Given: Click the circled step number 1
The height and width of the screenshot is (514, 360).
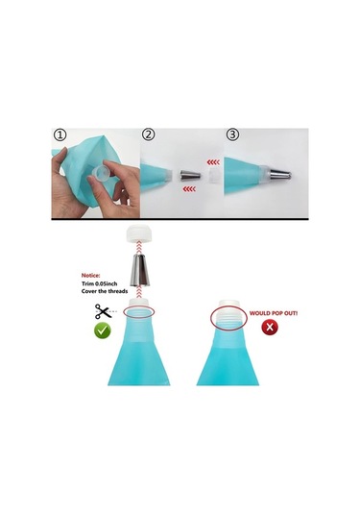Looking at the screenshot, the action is pyautogui.click(x=60, y=135).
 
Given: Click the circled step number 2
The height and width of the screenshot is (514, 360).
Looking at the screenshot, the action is pyautogui.click(x=149, y=135).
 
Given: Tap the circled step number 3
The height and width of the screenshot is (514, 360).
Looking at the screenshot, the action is pyautogui.click(x=232, y=135).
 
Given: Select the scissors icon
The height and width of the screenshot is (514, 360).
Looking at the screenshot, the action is pyautogui.click(x=103, y=311).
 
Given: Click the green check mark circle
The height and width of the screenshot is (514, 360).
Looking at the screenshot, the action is pyautogui.click(x=103, y=330).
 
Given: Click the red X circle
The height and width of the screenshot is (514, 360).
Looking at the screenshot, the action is pyautogui.click(x=270, y=327).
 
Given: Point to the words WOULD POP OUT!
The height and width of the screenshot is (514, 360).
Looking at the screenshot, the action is pyautogui.click(x=274, y=313).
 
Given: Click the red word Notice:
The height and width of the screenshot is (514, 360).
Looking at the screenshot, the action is pyautogui.click(x=91, y=276).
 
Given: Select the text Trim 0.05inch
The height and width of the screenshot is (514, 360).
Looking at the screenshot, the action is pyautogui.click(x=99, y=283).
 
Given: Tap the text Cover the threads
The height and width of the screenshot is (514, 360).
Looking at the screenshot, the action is pyautogui.click(x=105, y=291).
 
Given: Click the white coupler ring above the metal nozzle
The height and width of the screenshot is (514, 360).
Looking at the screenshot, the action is pyautogui.click(x=139, y=233).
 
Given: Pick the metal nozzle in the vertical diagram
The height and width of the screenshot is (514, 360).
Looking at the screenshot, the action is pyautogui.click(x=139, y=269).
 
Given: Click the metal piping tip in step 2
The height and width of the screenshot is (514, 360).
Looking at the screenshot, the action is pyautogui.click(x=190, y=176).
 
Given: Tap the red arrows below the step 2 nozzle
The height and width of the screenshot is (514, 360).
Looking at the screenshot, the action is pyautogui.click(x=189, y=189).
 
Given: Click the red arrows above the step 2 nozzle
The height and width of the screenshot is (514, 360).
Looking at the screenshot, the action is pyautogui.click(x=213, y=162).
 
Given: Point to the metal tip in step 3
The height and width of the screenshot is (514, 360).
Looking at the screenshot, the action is pyautogui.click(x=280, y=175).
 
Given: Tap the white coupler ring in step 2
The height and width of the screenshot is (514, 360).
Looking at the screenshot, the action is pyautogui.click(x=214, y=177).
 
